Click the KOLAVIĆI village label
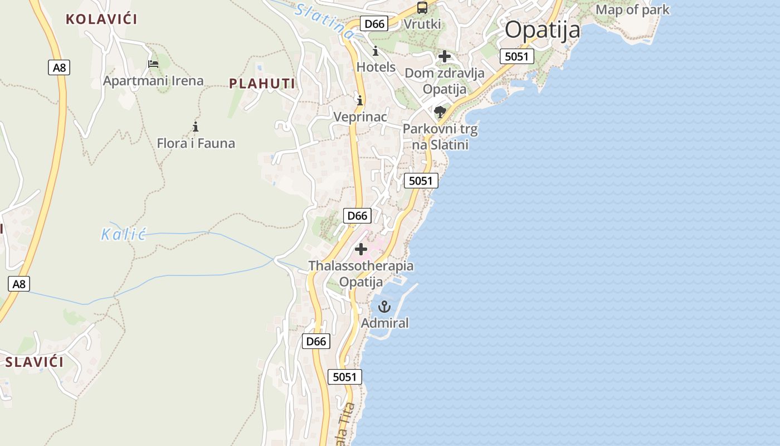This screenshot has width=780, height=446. point(101,19)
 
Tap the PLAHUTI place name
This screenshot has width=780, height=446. point(262,84)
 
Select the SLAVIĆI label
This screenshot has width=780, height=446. point(35,362)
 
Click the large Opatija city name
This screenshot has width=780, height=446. point(542,30)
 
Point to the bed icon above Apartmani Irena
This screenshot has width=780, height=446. point(153,64)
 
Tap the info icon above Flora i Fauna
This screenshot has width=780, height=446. point(196,127)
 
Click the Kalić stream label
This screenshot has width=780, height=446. point(123,234)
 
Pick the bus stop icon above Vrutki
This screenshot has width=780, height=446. point(422,8)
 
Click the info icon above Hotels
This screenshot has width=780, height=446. point(376,51)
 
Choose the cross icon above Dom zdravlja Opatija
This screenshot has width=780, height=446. point(445,56)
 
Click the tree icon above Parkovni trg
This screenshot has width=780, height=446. point(440,112)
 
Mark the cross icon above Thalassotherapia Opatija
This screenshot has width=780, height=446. point(361,249)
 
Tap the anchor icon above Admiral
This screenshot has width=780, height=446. point(384,307)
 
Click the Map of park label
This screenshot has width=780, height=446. point(632,9)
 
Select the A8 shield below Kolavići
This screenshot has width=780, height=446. point(58,68)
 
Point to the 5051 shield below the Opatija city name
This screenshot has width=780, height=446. point(516,56)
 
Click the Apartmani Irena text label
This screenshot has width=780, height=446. point(153,81)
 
